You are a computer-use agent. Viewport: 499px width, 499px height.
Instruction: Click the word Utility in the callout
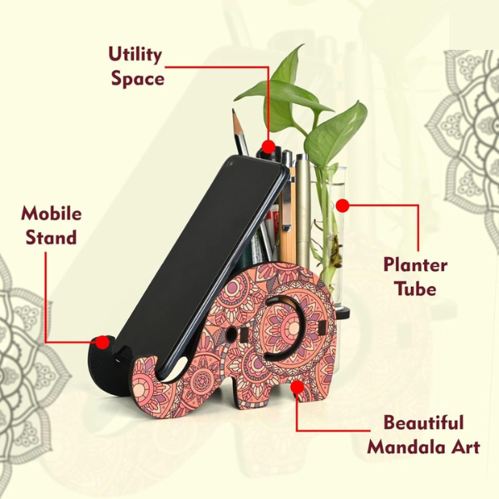pyautogui.click(x=136, y=55)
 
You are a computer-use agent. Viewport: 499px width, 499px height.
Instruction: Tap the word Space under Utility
pyautogui.click(x=137, y=79)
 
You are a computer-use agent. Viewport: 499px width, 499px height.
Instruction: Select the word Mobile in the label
pyautogui.click(x=52, y=214)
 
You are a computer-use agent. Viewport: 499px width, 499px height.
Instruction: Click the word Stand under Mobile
pyautogui.click(x=51, y=237)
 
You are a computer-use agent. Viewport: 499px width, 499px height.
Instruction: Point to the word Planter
pyautogui.click(x=415, y=265)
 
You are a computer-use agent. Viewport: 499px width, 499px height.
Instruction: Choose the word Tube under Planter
pyautogui.click(x=415, y=289)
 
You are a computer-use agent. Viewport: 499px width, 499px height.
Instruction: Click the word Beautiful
pyautogui.click(x=423, y=422)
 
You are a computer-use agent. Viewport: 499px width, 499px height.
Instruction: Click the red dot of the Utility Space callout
pyautogui.click(x=269, y=146)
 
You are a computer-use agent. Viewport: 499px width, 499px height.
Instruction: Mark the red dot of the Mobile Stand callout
pyautogui.click(x=102, y=343)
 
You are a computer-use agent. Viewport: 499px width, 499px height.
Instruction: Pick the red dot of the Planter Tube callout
pyautogui.click(x=343, y=205)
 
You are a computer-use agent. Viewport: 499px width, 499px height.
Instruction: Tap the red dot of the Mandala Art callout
pyautogui.click(x=297, y=388)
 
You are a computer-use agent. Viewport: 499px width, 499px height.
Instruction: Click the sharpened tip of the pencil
pyautogui.click(x=233, y=111)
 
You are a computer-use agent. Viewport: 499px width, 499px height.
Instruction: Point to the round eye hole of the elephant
pyautogui.click(x=231, y=333)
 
